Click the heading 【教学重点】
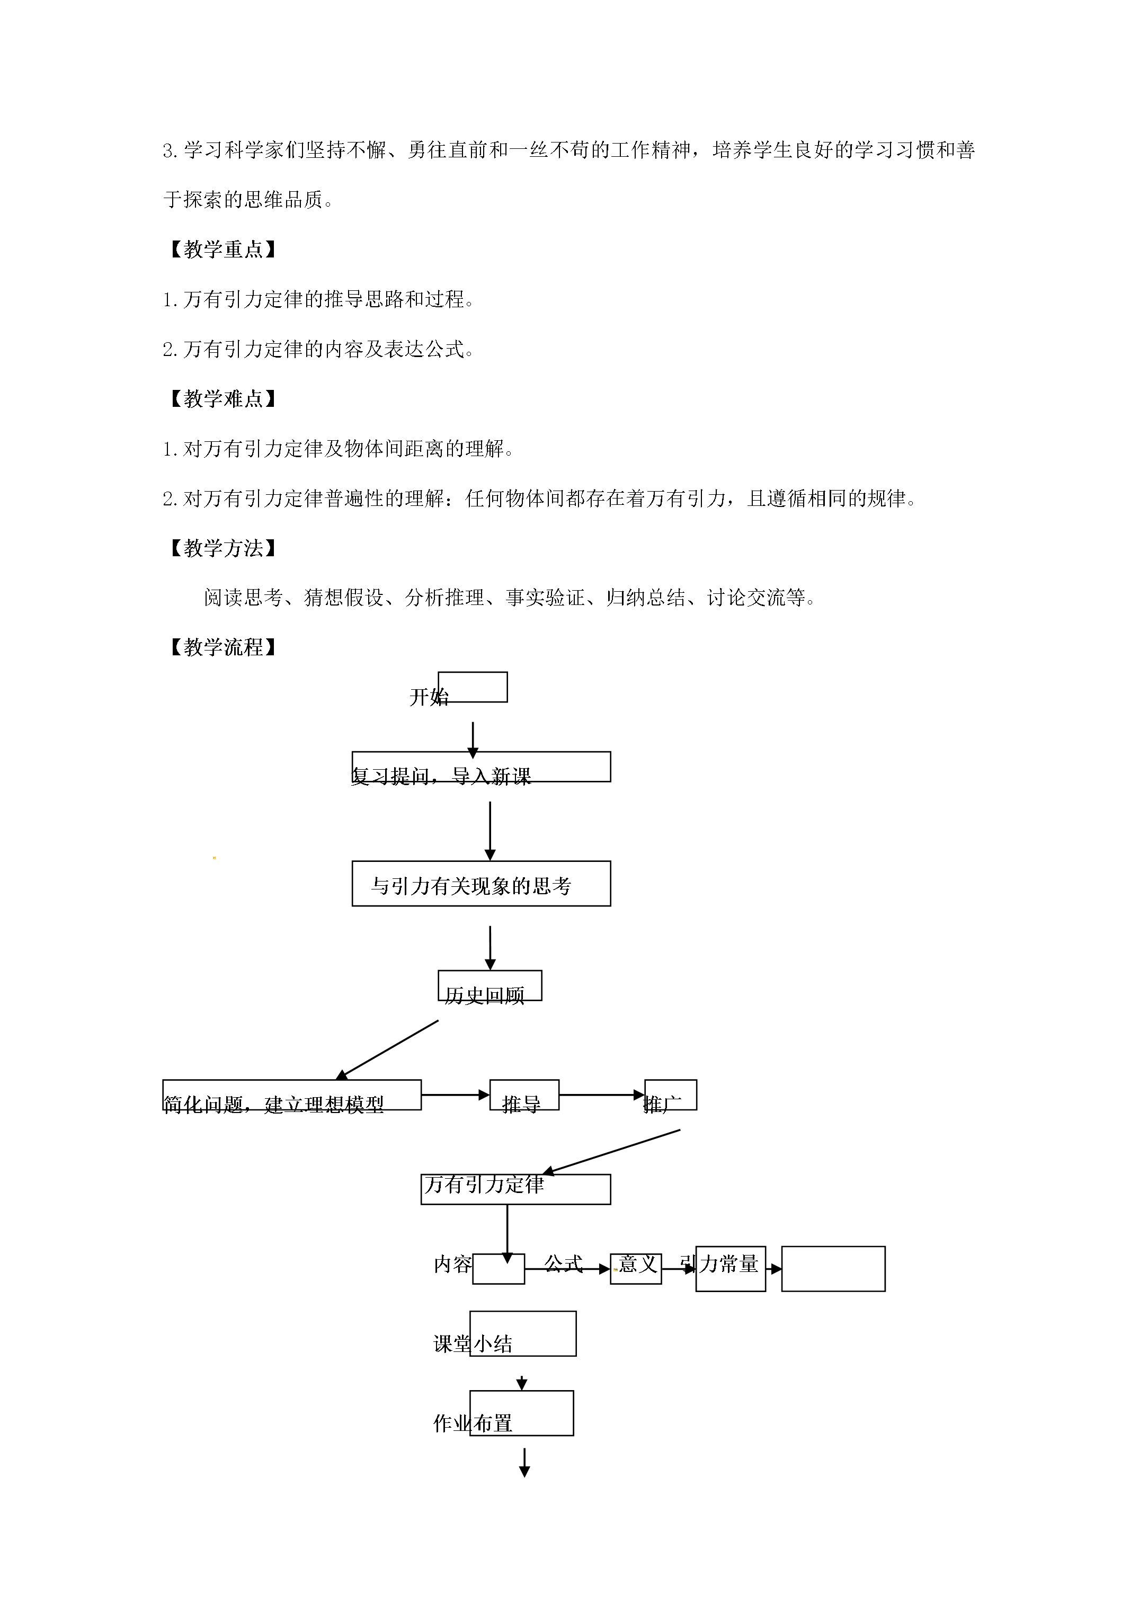[x=222, y=249]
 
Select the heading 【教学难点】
[x=222, y=398]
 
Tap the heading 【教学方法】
[x=222, y=548]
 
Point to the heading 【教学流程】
[x=222, y=647]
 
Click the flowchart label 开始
[x=429, y=697]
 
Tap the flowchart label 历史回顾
[x=484, y=995]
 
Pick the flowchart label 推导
[x=521, y=1105]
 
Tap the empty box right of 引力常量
[x=833, y=1269]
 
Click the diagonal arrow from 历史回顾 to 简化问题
[x=387, y=1049]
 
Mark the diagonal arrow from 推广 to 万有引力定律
[x=611, y=1151]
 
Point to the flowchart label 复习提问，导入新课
[x=441, y=776]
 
